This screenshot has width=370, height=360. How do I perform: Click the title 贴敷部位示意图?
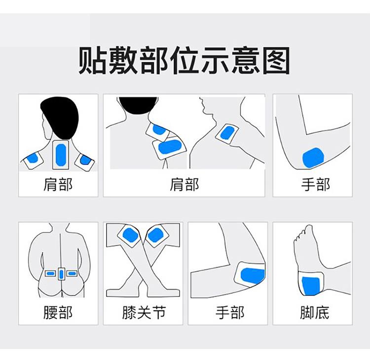click(x=185, y=61)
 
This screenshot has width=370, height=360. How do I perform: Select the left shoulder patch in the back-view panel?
click(x=34, y=158)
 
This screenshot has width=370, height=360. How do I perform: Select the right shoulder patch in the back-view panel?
click(x=85, y=160)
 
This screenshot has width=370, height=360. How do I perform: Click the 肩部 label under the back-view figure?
click(x=58, y=185)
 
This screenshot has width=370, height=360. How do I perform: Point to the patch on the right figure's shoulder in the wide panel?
click(x=227, y=132)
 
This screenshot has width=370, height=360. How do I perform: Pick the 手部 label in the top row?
click(x=315, y=185)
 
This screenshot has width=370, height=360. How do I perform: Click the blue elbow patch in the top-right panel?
click(x=314, y=158)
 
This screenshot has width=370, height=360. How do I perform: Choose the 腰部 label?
click(x=58, y=313)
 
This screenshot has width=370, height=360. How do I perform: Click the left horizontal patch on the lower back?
click(x=50, y=273)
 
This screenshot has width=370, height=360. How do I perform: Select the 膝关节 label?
click(x=143, y=313)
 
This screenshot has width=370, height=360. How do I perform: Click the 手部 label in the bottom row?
click(x=230, y=313)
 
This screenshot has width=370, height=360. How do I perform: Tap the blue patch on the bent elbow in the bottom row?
click(x=251, y=276)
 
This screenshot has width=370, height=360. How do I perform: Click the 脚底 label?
click(x=314, y=313)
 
